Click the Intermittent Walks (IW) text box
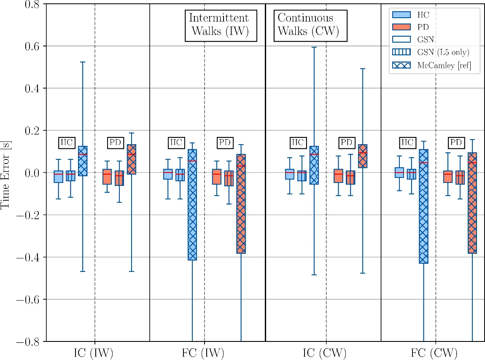click(x=221, y=25)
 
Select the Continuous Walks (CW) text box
click(x=310, y=25)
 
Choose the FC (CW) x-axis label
click(x=434, y=352)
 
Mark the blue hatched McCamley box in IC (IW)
click(x=83, y=161)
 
